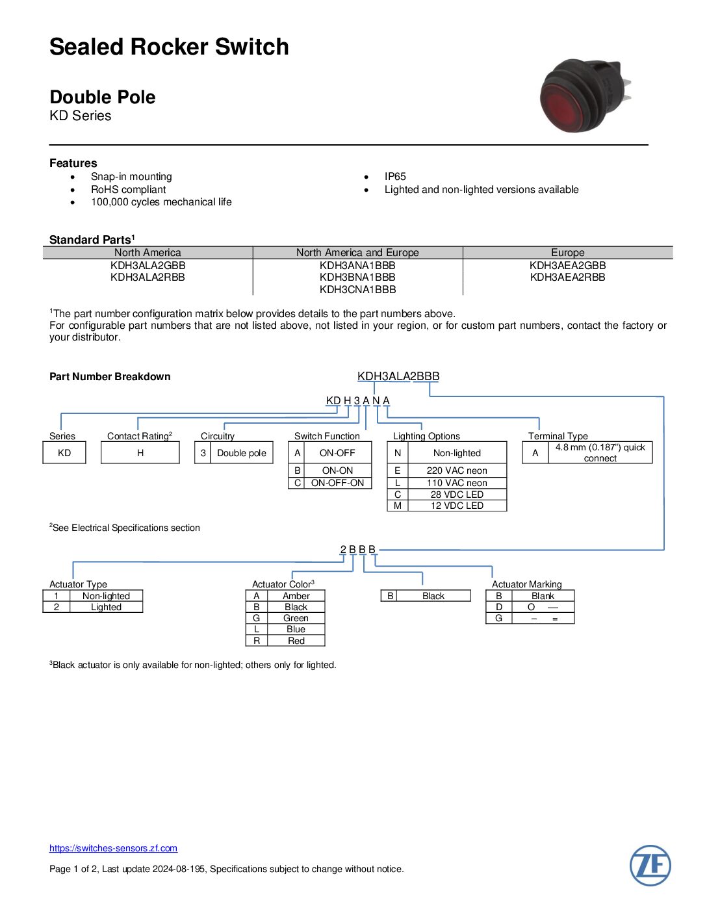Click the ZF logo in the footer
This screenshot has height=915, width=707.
tap(650, 865)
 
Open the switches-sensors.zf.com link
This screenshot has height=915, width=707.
tap(113, 848)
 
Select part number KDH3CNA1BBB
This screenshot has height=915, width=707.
tap(357, 289)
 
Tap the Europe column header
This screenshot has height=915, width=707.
tap(567, 252)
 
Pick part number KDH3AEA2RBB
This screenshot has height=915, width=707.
tap(567, 277)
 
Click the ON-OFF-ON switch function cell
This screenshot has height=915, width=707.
tap(337, 483)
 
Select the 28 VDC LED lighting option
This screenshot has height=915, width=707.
tap(457, 495)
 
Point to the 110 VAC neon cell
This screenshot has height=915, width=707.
tap(457, 483)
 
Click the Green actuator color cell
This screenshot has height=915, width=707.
tap(296, 618)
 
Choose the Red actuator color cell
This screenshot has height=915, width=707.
tap(296, 641)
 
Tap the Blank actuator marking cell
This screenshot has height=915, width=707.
tap(543, 596)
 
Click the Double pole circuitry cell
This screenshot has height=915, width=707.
tap(241, 453)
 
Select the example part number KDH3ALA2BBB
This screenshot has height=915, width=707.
tap(398, 376)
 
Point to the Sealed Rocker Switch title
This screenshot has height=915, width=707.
tap(169, 47)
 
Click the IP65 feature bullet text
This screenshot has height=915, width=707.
tap(395, 177)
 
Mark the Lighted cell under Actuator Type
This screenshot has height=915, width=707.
tap(106, 607)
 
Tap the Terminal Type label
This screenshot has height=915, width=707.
tap(558, 436)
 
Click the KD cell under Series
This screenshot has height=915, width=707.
tap(64, 453)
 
